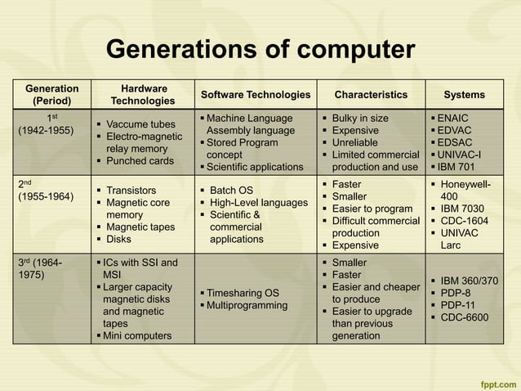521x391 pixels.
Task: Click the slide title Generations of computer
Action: (x=260, y=49)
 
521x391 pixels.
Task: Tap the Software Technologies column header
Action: (x=256, y=95)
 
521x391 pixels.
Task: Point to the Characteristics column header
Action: (x=371, y=95)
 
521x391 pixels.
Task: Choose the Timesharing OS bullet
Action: (x=242, y=293)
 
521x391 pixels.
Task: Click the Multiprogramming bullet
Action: (x=247, y=306)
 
